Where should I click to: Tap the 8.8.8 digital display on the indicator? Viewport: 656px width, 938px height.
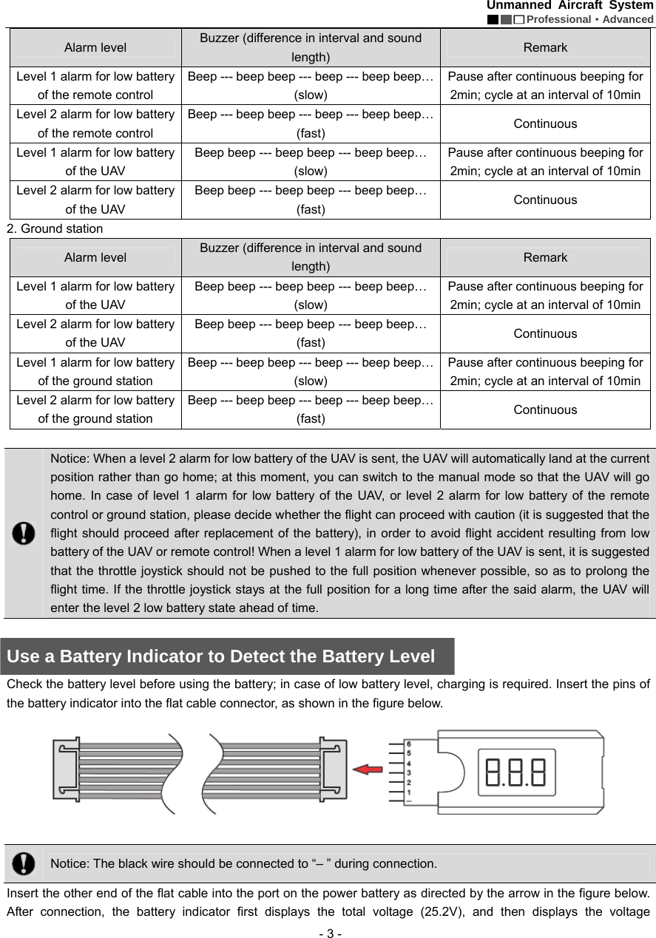(x=515, y=772)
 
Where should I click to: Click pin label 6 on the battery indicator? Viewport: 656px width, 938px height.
(x=409, y=744)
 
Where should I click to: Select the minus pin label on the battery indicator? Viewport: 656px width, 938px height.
(x=409, y=801)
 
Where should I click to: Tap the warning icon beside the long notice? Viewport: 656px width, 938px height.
(x=24, y=532)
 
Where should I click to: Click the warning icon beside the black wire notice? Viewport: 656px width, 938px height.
(x=24, y=863)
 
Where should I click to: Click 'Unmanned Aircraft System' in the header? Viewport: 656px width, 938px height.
(x=569, y=6)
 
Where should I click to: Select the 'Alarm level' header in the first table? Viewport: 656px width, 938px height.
(x=95, y=48)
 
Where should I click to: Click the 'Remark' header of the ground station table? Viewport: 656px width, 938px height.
(x=545, y=258)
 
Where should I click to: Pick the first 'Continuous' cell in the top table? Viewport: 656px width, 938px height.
(x=545, y=123)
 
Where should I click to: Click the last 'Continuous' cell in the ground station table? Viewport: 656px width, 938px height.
(x=545, y=410)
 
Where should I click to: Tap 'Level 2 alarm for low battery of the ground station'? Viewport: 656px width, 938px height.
(x=95, y=410)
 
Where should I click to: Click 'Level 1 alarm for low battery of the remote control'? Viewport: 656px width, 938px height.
(x=95, y=86)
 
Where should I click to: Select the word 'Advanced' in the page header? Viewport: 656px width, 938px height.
(x=627, y=19)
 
